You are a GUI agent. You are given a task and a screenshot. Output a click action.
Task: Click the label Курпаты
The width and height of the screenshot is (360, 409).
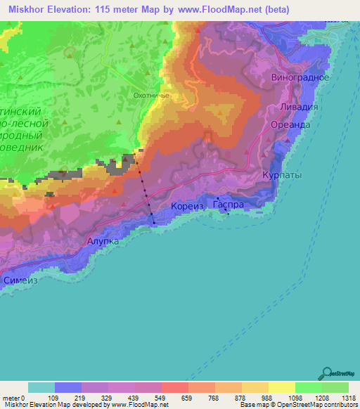[281, 174]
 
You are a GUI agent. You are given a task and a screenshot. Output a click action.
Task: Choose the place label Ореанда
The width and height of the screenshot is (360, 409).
[290, 124]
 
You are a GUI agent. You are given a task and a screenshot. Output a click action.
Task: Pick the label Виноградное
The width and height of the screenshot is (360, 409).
[300, 77]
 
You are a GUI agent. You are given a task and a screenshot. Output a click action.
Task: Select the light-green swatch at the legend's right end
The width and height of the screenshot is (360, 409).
[335, 388]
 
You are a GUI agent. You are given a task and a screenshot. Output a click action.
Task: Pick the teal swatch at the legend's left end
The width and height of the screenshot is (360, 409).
[41, 388]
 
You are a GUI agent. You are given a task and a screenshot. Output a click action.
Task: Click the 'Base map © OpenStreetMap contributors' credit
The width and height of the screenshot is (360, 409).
[298, 404]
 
